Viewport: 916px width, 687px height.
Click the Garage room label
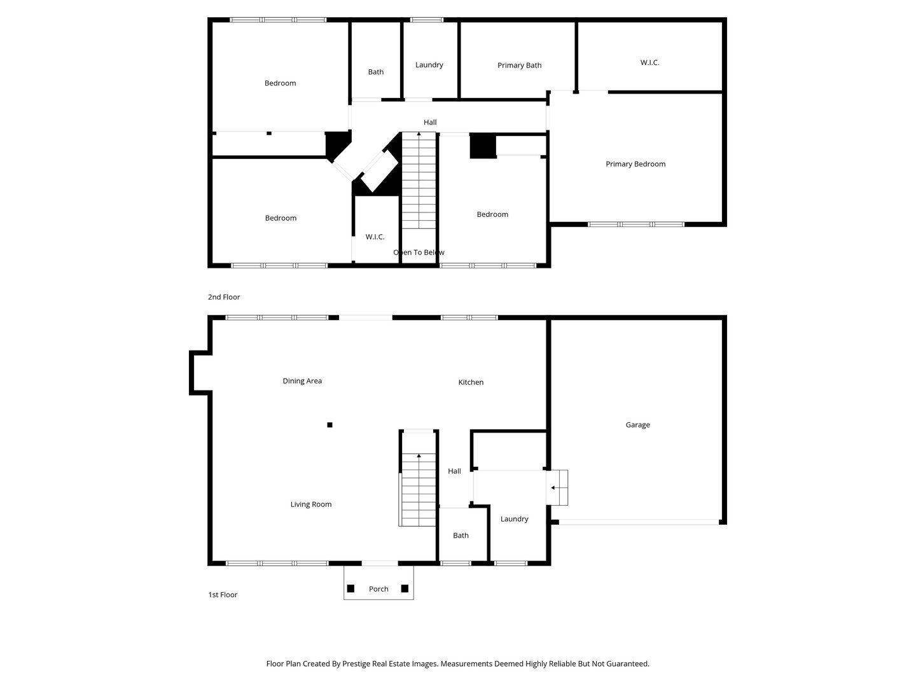click(637, 425)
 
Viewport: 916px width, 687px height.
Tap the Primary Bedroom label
click(635, 164)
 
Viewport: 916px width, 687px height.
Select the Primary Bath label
click(519, 66)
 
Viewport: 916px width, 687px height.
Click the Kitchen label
click(471, 382)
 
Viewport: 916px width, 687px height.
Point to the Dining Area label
click(302, 381)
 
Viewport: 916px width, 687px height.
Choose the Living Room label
click(311, 504)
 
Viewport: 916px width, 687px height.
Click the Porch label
click(378, 589)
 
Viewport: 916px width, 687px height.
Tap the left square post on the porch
click(350, 588)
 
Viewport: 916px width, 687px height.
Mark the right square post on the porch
click(405, 588)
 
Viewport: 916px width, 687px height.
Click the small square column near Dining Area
click(330, 425)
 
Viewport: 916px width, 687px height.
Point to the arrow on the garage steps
click(554, 488)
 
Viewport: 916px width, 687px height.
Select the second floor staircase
click(418, 181)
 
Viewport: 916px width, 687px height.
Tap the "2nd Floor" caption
click(224, 297)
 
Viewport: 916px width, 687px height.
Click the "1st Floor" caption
click(223, 595)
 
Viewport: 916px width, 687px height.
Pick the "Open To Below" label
click(419, 253)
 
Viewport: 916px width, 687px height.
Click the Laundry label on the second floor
click(429, 65)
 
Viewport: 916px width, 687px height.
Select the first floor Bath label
click(461, 536)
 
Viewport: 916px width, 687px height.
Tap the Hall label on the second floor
click(430, 122)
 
